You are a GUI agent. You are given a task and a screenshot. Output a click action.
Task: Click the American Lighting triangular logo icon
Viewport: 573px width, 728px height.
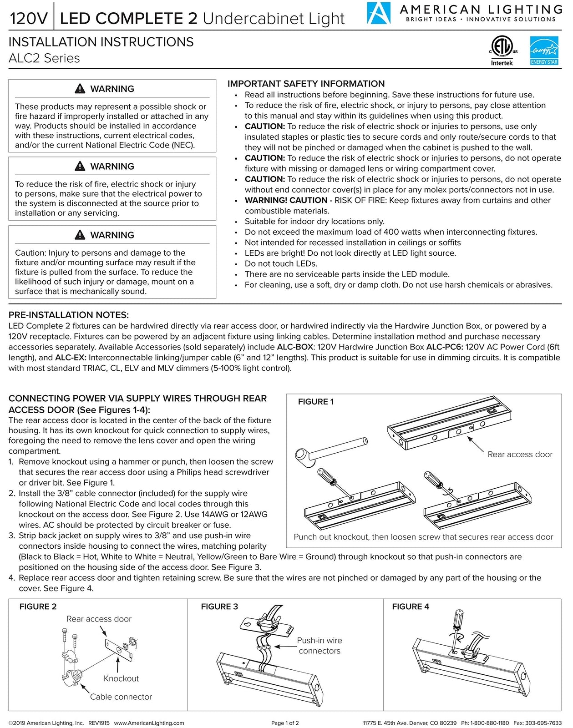[379, 14]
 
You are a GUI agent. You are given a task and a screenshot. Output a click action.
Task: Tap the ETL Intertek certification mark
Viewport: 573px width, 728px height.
[502, 48]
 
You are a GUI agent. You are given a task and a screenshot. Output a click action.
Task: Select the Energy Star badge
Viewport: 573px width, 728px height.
[544, 51]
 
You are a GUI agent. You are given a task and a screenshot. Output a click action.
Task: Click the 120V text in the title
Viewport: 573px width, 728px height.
[28, 19]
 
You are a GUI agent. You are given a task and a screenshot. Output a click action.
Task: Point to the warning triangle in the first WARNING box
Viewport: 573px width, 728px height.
[80, 89]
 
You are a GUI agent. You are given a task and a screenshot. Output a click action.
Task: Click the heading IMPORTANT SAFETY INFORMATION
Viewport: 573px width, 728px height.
[306, 84]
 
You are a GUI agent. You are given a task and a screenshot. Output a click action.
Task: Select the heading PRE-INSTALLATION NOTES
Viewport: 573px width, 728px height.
[68, 315]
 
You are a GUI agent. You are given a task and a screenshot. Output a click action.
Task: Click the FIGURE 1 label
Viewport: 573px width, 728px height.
[315, 402]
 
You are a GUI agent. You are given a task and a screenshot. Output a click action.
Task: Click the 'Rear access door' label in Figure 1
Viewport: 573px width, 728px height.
[520, 454]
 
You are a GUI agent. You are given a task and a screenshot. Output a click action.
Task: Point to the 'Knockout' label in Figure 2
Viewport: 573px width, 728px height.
[121, 678]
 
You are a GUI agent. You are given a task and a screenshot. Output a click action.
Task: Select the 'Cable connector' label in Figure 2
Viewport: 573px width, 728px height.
[121, 697]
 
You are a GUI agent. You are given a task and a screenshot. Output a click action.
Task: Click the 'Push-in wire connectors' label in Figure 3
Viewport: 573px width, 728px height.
[319, 646]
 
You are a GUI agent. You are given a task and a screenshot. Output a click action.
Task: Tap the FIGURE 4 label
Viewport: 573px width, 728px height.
[410, 607]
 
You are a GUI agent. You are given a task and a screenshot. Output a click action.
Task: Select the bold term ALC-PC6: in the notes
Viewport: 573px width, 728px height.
[444, 347]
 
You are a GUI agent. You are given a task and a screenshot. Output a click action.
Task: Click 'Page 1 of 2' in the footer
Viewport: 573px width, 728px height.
[285, 723]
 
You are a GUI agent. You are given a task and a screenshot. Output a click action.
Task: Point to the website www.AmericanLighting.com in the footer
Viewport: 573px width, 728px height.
[149, 723]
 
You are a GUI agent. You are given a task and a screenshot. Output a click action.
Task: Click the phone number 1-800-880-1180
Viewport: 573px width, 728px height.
[490, 723]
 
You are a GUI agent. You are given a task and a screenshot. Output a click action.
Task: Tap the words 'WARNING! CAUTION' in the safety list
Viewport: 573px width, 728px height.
[286, 200]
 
